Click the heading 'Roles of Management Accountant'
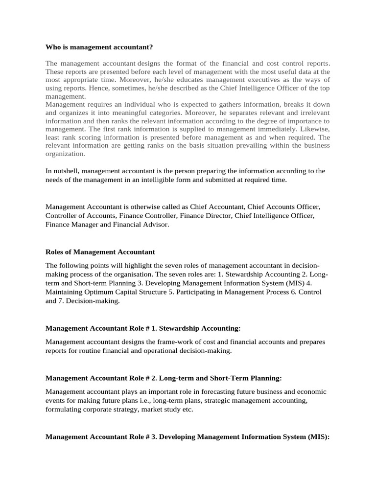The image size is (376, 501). click(x=100, y=252)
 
